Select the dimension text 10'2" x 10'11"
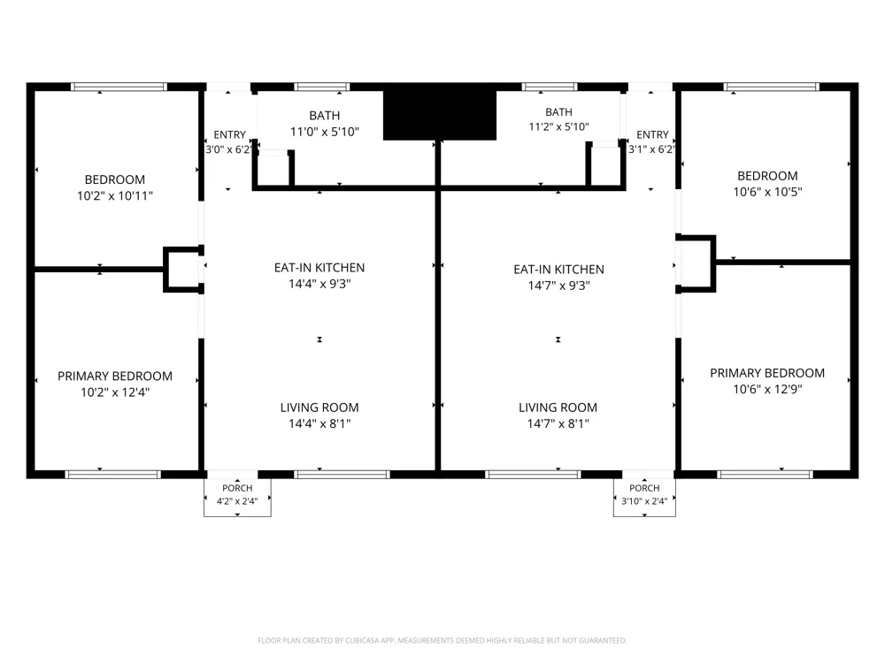click(x=115, y=195)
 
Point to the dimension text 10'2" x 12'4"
click(x=115, y=392)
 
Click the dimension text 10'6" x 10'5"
click(x=767, y=192)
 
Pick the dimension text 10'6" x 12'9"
click(x=767, y=389)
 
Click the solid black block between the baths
click(x=440, y=114)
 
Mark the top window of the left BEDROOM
click(x=119, y=87)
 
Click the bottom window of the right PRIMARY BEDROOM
click(x=766, y=475)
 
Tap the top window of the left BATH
click(x=322, y=87)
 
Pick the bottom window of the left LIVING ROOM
click(x=342, y=475)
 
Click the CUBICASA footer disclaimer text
click(x=442, y=640)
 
